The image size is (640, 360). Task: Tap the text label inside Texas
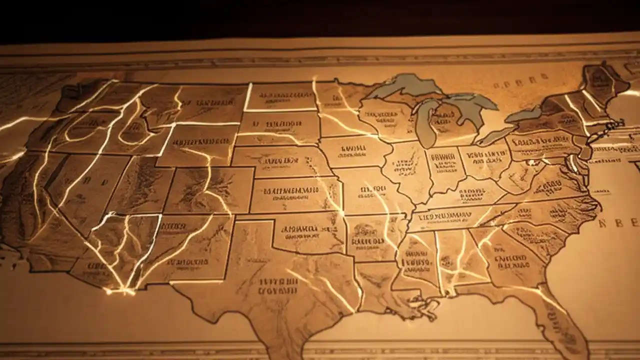pos(278,285)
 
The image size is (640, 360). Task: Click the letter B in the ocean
pos(620,222)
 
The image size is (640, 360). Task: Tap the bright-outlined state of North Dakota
pos(280,96)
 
